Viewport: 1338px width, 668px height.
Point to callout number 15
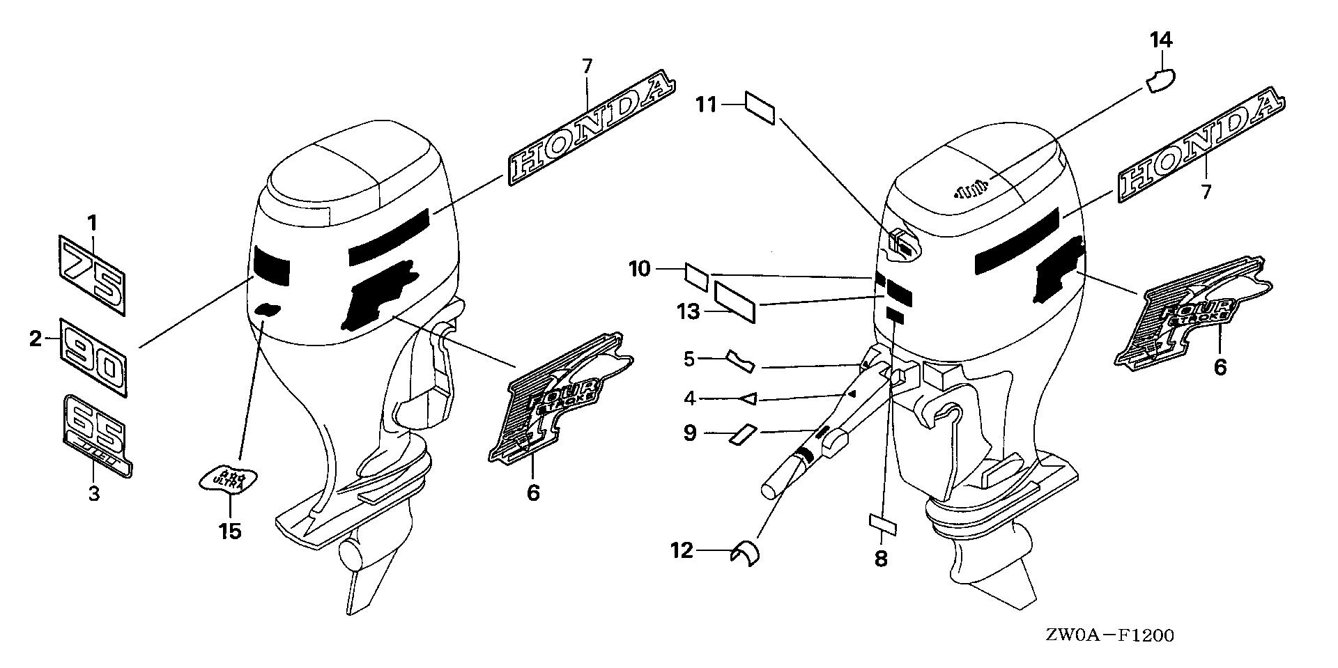[229, 531]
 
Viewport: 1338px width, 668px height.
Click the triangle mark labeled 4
[748, 398]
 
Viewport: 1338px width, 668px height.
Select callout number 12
[682, 551]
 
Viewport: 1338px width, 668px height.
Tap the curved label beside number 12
[746, 554]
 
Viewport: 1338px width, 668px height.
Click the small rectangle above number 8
[882, 523]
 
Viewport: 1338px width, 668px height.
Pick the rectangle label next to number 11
[760, 109]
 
